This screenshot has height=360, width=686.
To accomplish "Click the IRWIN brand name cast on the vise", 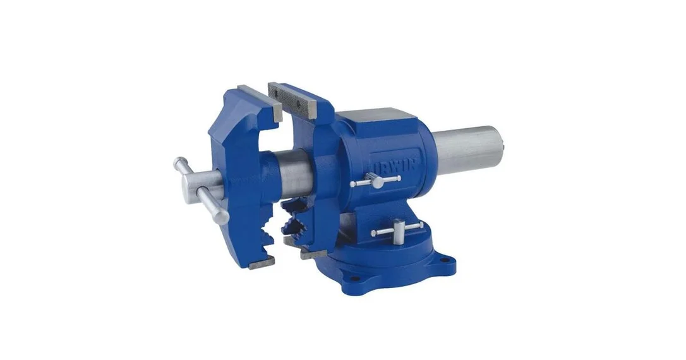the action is [x=397, y=165].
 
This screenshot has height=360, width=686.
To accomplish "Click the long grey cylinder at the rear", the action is [x=467, y=150].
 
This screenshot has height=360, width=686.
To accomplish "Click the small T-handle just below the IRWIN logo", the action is [x=375, y=180].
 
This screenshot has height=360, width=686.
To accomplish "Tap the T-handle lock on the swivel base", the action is [x=397, y=231].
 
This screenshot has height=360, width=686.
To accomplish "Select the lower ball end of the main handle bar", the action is [x=223, y=217].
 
